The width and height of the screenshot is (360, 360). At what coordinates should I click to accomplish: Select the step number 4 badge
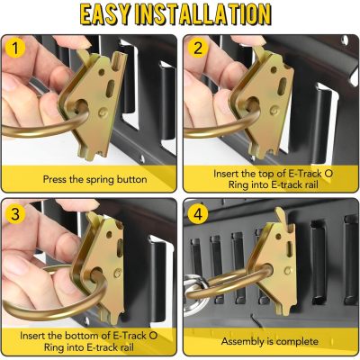[x=198, y=214]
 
